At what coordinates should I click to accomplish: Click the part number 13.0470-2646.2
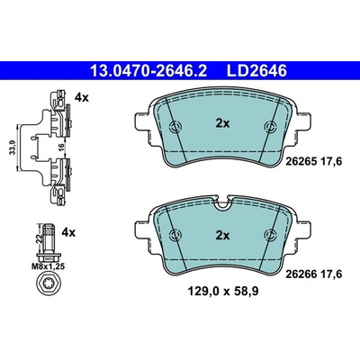click(148, 71)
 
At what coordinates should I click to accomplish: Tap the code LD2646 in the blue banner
click(256, 71)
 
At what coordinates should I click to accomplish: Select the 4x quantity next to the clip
click(82, 97)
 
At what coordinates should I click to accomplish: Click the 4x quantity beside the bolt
click(68, 232)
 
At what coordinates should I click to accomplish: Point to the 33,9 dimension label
click(13, 148)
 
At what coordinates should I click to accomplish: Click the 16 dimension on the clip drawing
click(60, 148)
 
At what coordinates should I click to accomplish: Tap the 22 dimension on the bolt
click(39, 238)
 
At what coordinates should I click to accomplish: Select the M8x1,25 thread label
click(49, 266)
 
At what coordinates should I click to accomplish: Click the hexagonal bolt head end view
click(49, 283)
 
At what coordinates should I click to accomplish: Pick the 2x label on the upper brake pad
click(222, 123)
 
